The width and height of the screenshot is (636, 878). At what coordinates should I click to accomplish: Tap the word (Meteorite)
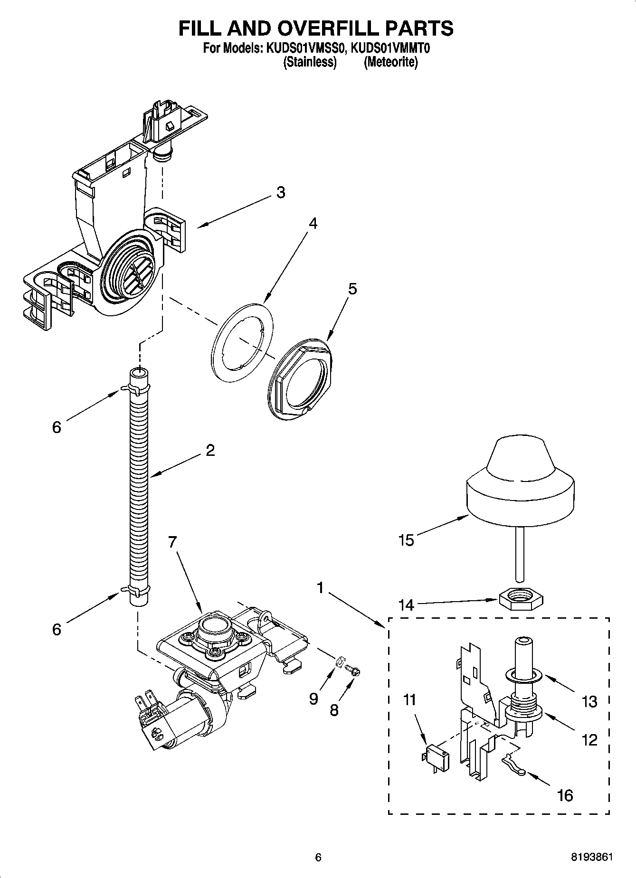point(391,62)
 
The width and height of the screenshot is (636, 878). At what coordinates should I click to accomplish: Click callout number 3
point(281,193)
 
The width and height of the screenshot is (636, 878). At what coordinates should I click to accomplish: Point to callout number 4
point(312,224)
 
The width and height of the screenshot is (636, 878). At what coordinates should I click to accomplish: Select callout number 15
point(407,540)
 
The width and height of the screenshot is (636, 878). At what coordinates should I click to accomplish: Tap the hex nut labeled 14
point(522,600)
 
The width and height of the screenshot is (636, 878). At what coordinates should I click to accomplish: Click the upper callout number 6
point(57,427)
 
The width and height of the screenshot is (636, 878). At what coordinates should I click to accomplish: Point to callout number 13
point(589,701)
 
